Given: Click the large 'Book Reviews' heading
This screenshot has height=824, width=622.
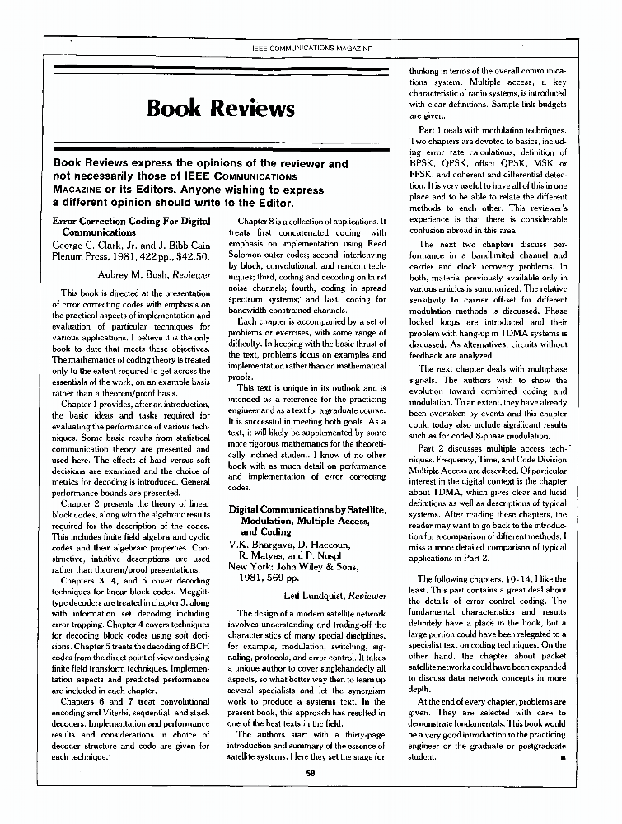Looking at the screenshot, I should tap(221, 109).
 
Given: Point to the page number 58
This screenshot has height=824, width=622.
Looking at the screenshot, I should tap(311, 773).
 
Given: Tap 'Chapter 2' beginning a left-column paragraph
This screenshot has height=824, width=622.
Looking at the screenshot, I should tap(87, 503).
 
